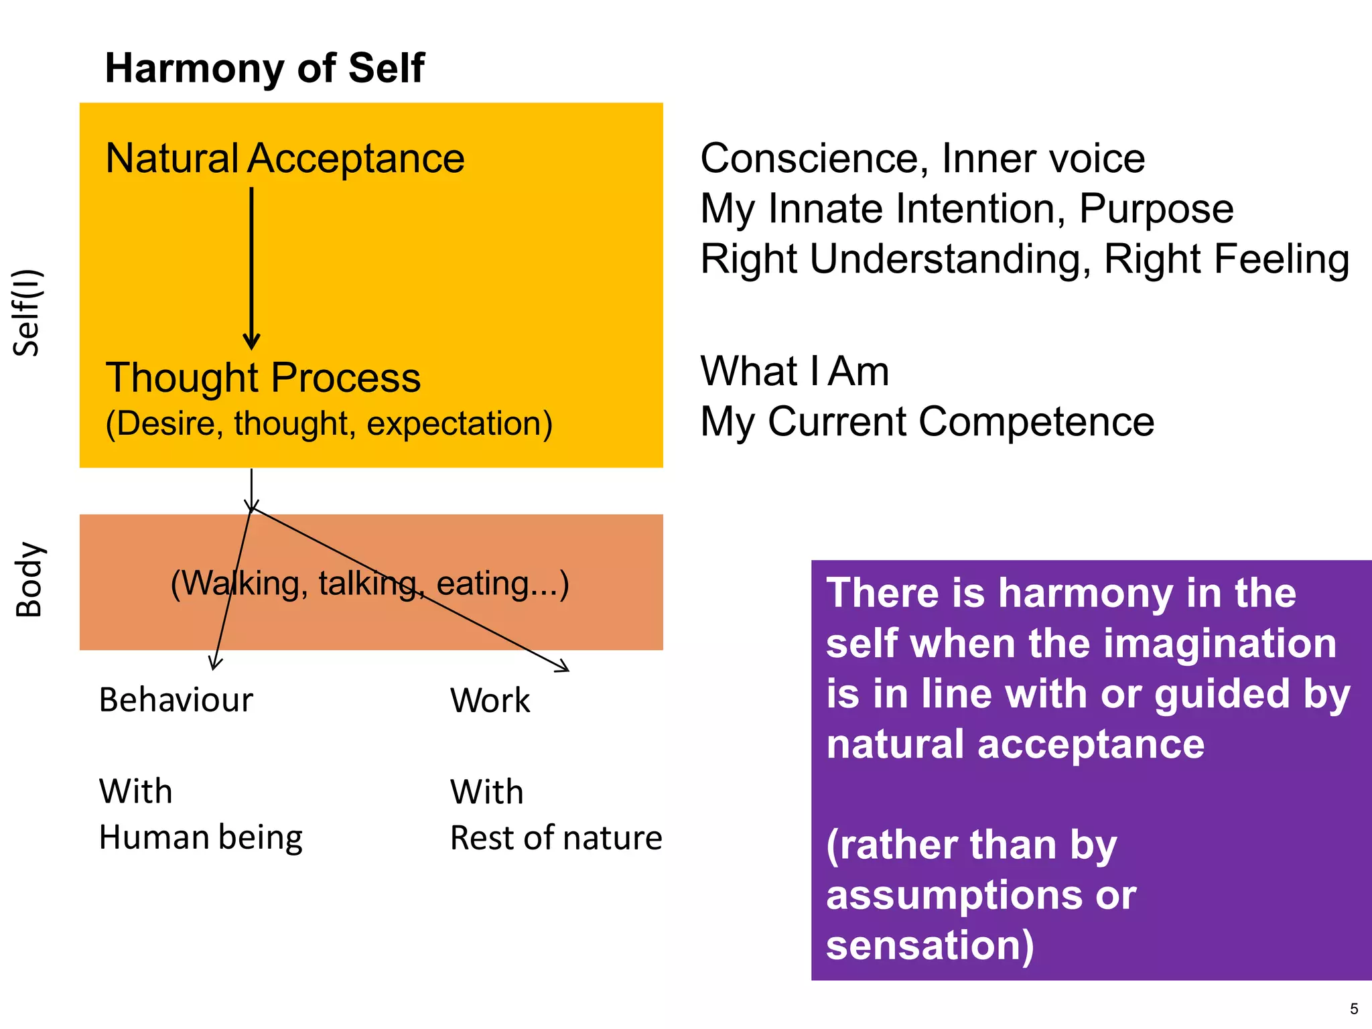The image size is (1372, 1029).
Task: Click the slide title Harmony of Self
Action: coord(265,68)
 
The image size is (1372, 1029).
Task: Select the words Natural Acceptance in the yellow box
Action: coord(285,159)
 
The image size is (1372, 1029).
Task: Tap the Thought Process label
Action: coord(263,377)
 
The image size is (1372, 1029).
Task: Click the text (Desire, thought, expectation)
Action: coord(329,423)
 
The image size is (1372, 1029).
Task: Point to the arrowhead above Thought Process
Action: coord(251,341)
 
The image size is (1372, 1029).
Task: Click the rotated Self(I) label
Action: coord(28,312)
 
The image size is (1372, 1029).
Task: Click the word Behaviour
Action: coord(176,700)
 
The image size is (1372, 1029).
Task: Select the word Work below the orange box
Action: coord(490,701)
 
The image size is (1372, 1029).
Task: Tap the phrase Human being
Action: coord(200,837)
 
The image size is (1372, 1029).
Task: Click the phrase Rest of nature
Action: coord(555,838)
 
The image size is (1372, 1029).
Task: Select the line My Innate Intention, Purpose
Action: coord(966,209)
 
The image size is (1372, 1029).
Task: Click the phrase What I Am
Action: coord(795,371)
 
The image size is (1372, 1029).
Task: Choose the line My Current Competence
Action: coord(927,422)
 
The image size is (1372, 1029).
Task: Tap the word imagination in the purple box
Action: coord(1220,644)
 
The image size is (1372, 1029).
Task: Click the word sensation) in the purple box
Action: coord(930,945)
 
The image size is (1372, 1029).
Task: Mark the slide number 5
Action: coord(1353,1009)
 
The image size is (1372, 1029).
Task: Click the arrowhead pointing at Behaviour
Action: coord(214,664)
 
